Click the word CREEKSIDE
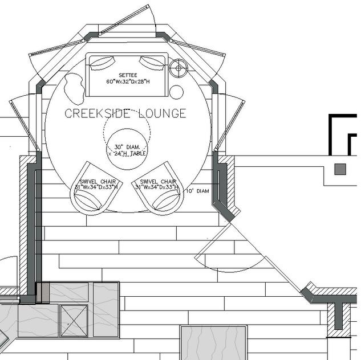98,113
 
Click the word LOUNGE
163,113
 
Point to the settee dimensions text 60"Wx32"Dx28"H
128,81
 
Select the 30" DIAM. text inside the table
127,146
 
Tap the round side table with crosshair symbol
179,68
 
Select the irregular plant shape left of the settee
73,86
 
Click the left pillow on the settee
101,63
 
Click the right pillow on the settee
152,62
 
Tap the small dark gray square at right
340,169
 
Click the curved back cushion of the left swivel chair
88,200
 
